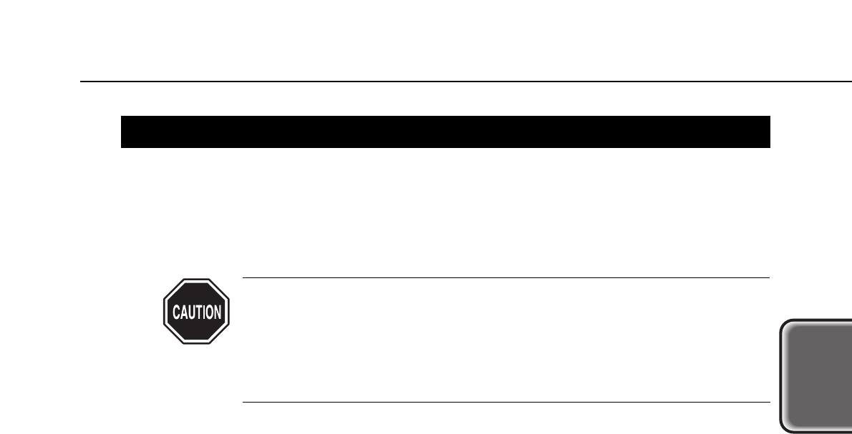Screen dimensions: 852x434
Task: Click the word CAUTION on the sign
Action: tap(195, 312)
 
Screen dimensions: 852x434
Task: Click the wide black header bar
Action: tap(445, 132)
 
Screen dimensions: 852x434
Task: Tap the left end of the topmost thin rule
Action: tap(82, 82)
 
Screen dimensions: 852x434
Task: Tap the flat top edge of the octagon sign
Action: tap(195, 280)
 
